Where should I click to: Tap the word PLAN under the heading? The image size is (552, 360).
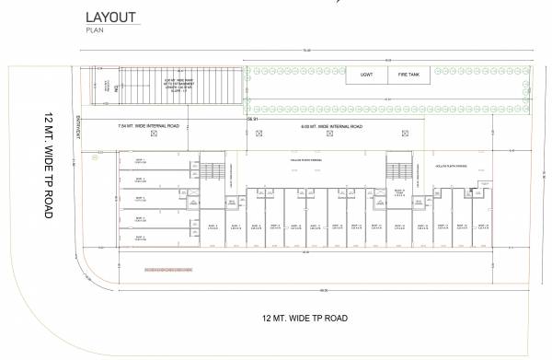94,31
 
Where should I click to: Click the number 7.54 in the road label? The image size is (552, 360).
123,126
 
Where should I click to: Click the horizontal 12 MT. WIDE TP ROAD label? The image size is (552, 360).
305,319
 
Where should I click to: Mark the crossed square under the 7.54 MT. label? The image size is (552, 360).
154,135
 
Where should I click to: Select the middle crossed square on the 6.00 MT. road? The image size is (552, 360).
337,135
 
